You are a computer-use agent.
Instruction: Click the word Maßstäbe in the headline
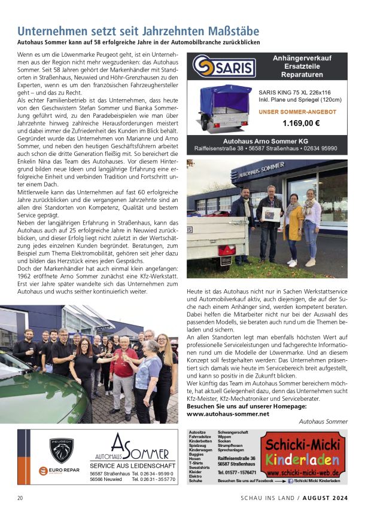224,31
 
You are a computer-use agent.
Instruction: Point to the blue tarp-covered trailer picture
224,108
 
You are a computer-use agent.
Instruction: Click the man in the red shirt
124,367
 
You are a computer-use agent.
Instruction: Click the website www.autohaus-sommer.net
228,413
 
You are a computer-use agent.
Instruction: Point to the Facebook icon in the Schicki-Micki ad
290,481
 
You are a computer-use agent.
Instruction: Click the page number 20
20,497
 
